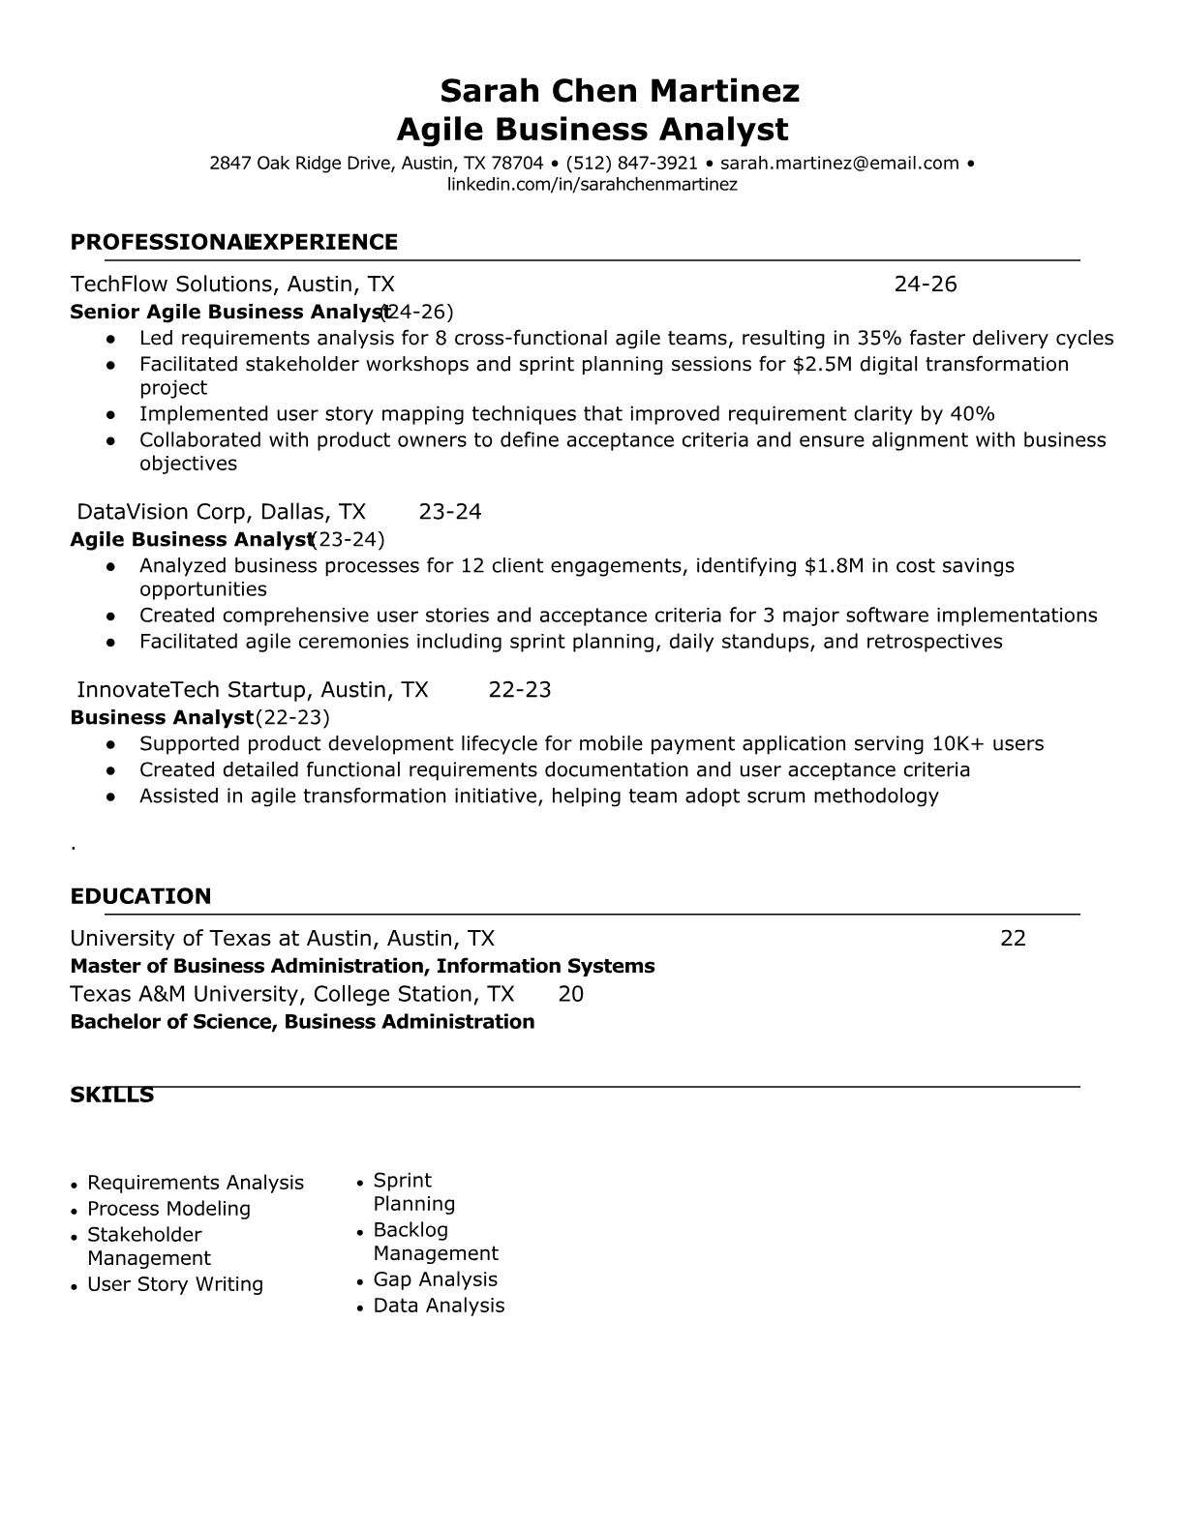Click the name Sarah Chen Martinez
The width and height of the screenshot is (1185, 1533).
point(620,91)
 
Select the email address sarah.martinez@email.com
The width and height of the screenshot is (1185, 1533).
point(839,164)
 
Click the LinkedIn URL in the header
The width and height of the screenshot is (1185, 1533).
point(592,185)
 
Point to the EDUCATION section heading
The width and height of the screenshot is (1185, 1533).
point(140,896)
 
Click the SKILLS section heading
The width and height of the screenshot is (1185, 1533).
point(111,1095)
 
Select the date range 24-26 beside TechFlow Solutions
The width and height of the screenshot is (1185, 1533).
point(925,284)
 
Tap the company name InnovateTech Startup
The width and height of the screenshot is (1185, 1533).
point(189,689)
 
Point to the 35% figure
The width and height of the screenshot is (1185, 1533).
point(879,338)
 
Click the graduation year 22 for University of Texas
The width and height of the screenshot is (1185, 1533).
point(1013,938)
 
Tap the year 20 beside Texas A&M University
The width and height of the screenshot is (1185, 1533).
point(571,994)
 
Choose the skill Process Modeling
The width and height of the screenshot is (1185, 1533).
point(168,1209)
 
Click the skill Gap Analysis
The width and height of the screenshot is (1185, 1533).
point(435,1279)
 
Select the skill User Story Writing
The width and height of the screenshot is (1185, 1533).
point(175,1284)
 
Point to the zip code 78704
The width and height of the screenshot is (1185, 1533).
point(517,164)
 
